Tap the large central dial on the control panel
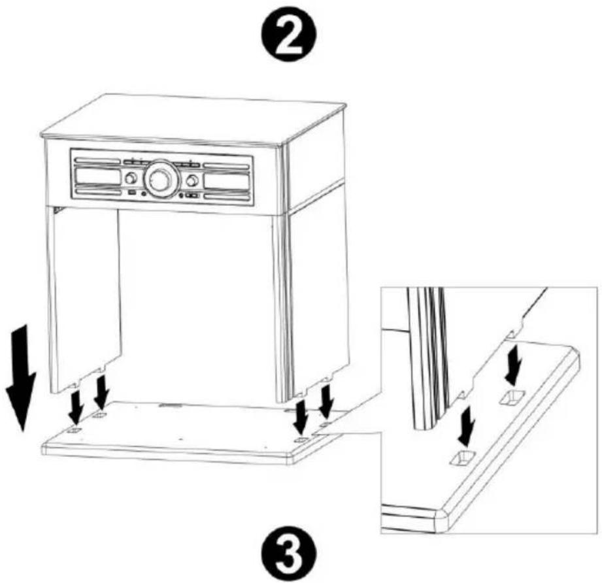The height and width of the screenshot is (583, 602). point(161,178)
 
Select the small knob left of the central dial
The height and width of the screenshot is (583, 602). point(131,178)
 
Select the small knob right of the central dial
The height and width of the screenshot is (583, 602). point(192,180)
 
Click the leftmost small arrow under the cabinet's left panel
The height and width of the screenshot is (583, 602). point(76,405)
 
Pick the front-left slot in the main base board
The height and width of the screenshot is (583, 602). point(75,430)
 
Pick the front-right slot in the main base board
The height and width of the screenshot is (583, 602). point(300,440)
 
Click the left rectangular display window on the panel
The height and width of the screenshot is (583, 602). point(96,176)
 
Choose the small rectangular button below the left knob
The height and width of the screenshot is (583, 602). point(131,193)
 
